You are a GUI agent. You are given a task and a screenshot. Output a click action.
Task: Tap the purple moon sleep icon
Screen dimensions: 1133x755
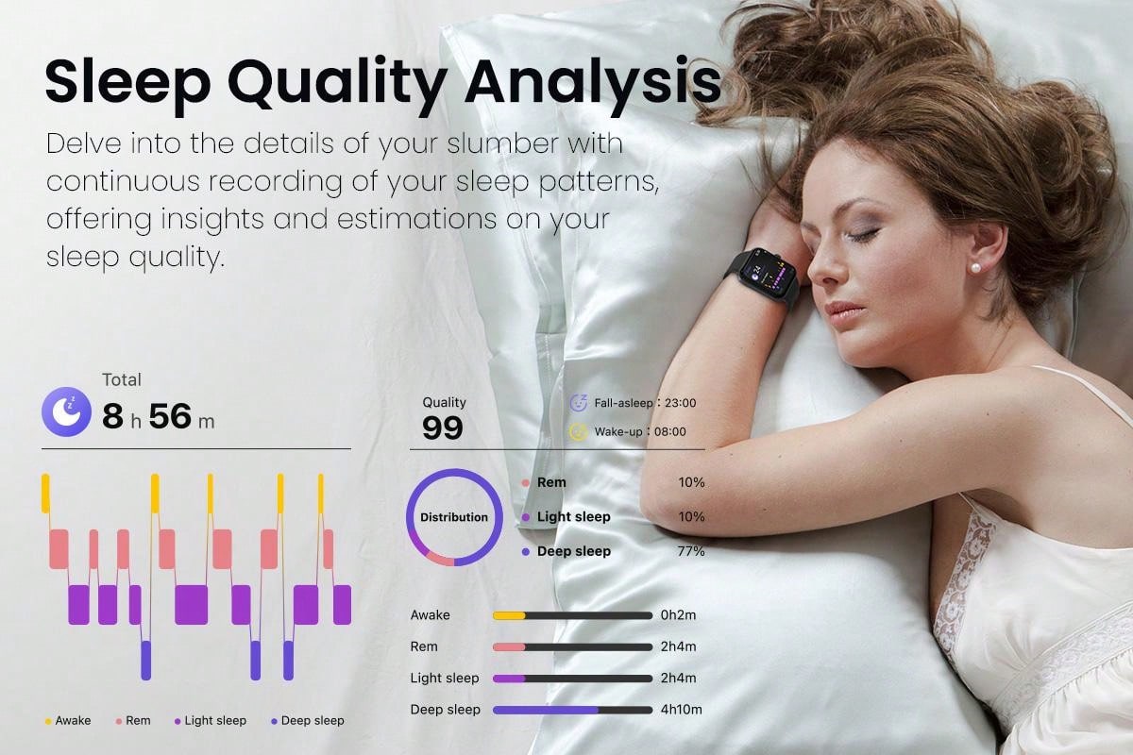tap(66, 411)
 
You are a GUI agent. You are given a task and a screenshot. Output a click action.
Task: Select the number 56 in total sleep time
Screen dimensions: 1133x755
tap(171, 416)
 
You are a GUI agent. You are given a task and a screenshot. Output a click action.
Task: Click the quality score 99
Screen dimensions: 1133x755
tap(443, 428)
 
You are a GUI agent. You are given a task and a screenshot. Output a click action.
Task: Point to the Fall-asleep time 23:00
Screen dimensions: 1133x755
tap(681, 403)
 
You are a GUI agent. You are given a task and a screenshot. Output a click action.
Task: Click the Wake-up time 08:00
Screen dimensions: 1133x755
tap(670, 432)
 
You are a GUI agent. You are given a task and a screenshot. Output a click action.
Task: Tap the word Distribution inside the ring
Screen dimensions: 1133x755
tap(454, 517)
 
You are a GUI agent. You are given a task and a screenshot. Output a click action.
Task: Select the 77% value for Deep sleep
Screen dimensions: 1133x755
tap(691, 551)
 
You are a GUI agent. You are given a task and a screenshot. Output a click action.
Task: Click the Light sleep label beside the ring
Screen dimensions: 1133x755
tap(574, 517)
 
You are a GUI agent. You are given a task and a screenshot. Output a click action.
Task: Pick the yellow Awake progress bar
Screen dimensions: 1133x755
tap(509, 615)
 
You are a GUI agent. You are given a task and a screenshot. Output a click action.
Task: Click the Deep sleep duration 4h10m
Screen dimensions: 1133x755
tap(682, 710)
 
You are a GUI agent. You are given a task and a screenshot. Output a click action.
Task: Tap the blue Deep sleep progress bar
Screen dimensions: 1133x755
tap(546, 710)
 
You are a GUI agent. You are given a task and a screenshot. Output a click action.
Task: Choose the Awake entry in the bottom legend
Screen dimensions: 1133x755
tap(68, 721)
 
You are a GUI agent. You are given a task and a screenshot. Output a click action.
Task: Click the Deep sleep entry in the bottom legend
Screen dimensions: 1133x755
tap(308, 721)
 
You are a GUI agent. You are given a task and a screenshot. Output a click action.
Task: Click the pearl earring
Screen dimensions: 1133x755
tap(974, 268)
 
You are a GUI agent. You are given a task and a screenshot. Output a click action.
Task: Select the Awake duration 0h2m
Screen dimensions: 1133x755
tap(678, 615)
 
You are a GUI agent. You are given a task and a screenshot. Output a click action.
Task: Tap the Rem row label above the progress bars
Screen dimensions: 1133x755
tap(424, 646)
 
